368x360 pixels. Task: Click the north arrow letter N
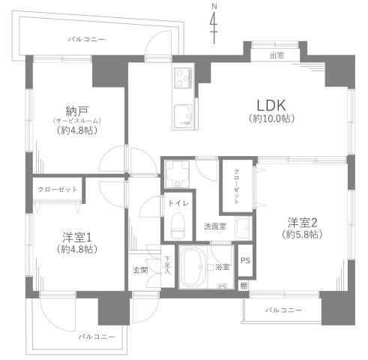[214, 7]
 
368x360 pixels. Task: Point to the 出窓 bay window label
[278, 55]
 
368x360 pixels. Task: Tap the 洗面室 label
[215, 226]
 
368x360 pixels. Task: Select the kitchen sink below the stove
[183, 116]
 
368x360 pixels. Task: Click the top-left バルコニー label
[86, 38]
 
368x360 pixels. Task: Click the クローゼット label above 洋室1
[58, 189]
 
